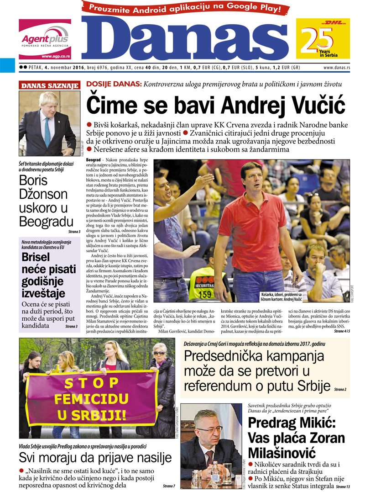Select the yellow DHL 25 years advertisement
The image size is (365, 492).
323,39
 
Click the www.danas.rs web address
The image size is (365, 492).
337,68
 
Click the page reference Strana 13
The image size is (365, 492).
341,486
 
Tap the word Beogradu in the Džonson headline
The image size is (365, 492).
46,222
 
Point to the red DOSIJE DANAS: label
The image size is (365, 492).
114,84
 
